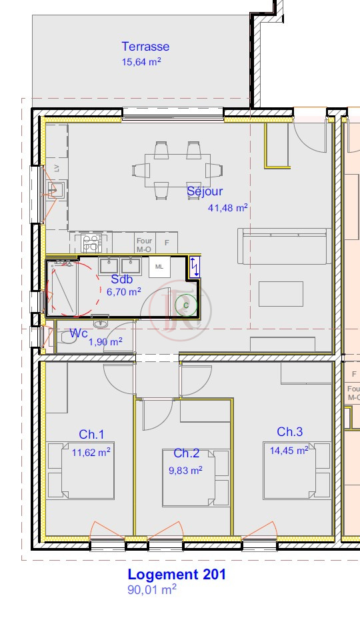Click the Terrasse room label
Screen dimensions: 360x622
click(145, 47)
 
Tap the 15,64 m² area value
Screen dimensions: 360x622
click(141, 61)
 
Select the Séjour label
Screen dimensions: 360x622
click(205, 191)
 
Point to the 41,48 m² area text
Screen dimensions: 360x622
click(228, 207)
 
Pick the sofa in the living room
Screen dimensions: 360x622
click(285, 246)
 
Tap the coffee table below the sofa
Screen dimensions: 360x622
click(281, 294)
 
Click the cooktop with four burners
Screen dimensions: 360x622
click(91, 243)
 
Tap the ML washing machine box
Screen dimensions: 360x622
click(159, 267)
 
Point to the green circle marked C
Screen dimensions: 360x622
click(186, 305)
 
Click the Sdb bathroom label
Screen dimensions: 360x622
click(122, 279)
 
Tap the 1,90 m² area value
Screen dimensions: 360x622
click(105, 341)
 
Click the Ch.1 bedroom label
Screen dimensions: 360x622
click(91, 435)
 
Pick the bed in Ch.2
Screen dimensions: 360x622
click(196, 478)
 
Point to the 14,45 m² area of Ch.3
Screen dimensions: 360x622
click(289, 451)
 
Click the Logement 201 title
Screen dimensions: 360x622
click(177, 575)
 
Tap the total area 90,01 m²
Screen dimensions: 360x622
click(152, 590)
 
